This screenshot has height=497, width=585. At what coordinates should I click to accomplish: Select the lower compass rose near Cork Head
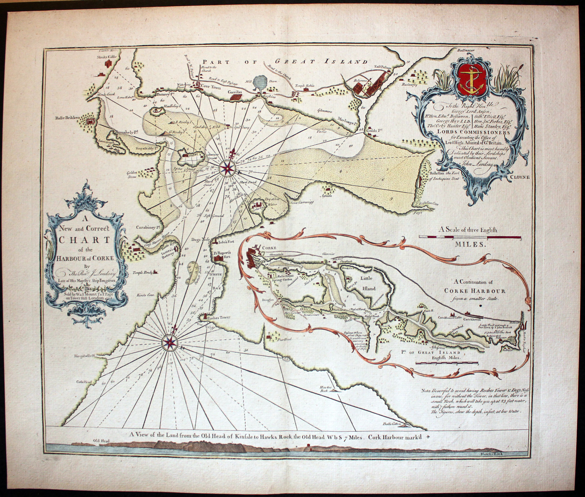[x=170, y=342]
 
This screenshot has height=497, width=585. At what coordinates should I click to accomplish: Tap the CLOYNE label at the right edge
[x=520, y=177]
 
